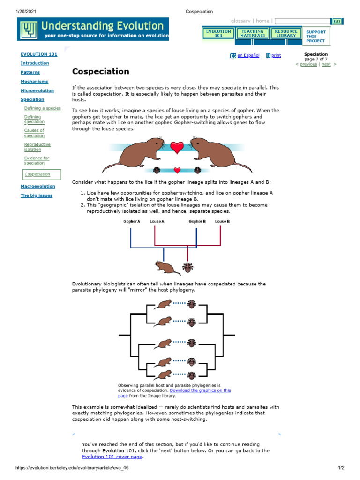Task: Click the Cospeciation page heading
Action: [x=100, y=72]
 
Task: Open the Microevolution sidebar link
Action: [x=37, y=90]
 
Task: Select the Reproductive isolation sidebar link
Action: [x=37, y=147]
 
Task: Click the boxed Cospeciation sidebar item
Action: [x=37, y=174]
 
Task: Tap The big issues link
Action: [x=37, y=195]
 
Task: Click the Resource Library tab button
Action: [x=286, y=34]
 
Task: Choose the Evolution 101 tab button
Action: [x=218, y=34]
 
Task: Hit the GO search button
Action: [x=337, y=21]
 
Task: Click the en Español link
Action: [x=248, y=55]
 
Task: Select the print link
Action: [x=276, y=55]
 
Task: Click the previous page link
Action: [x=308, y=64]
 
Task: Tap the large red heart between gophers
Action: [x=177, y=147]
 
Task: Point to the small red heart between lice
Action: [x=177, y=170]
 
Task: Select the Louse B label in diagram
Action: [x=222, y=221]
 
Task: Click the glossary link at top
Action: [x=240, y=21]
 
